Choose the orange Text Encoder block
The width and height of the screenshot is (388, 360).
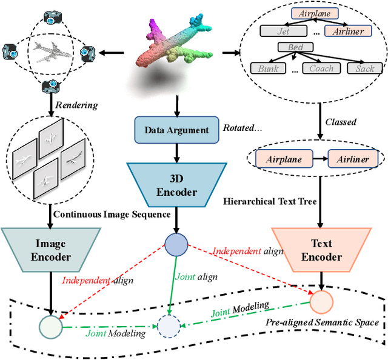pos(321,250)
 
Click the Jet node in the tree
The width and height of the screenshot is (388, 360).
pos(283,30)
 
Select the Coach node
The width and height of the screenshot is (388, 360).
pos(321,68)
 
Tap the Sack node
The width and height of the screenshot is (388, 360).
pos(364,68)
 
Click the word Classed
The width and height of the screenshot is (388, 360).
pos(340,122)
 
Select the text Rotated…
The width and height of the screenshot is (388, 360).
pos(242,128)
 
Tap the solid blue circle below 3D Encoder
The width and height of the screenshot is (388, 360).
pos(176,244)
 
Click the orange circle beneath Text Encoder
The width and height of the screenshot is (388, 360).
pos(321,301)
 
